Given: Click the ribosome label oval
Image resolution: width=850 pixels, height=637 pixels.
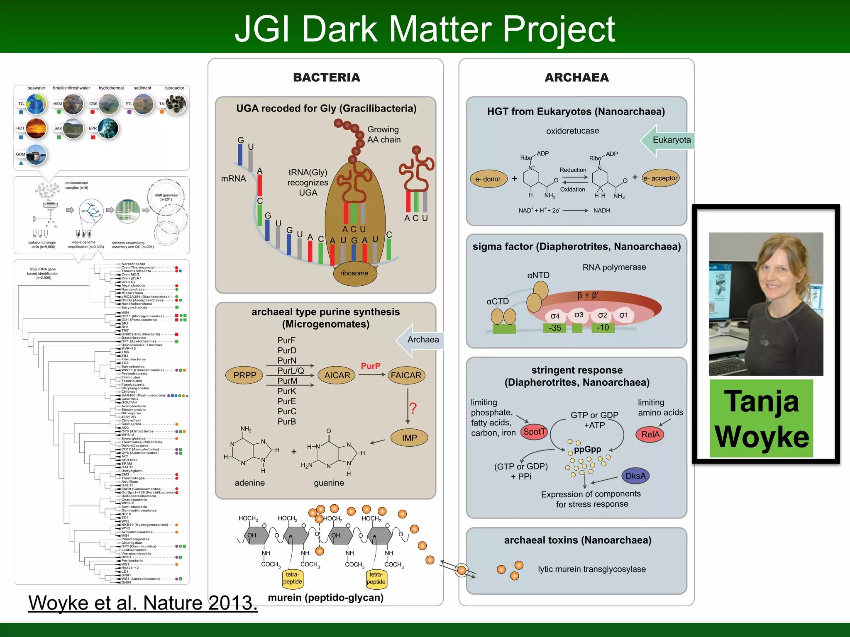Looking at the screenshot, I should [354, 273].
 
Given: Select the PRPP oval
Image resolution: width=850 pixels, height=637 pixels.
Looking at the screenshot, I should [244, 375].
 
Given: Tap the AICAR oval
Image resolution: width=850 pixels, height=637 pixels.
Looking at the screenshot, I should [337, 375].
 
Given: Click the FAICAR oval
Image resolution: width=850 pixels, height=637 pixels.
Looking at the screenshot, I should [406, 375].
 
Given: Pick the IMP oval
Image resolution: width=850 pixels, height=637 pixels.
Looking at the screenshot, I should [409, 438].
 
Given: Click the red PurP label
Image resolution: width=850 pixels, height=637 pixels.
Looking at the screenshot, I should [370, 366].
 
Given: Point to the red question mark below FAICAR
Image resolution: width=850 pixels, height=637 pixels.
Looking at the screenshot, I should [413, 408].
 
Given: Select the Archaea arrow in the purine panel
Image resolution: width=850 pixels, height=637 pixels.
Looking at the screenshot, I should [420, 340].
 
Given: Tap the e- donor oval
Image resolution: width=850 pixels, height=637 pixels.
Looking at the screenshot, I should [488, 179].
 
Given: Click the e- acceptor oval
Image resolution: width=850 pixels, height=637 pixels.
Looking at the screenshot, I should [660, 178].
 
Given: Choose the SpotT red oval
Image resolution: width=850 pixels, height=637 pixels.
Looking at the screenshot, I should [534, 432].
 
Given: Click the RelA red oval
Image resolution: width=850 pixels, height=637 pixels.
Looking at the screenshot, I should [650, 435].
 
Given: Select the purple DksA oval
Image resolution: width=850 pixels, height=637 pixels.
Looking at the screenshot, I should [635, 476].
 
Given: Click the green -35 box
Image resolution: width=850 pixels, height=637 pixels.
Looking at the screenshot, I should [554, 328].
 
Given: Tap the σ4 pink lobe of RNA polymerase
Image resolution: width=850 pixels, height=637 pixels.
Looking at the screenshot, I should [555, 316].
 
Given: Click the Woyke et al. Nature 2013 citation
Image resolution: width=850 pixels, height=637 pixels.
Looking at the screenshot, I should [143, 603].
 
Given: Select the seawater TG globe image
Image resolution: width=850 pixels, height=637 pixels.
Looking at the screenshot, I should [36, 104].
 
